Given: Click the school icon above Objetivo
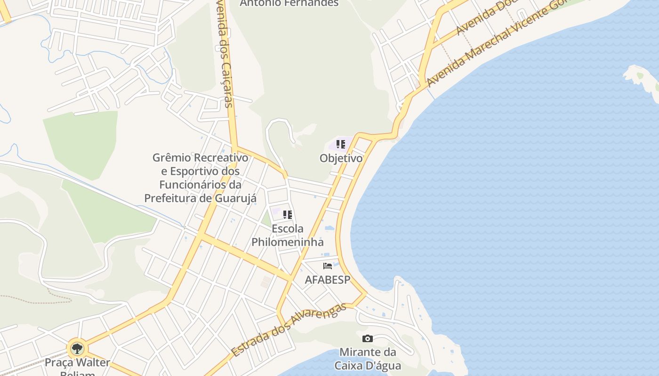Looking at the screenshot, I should (x=341, y=144).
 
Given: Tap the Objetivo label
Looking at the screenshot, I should (x=341, y=158).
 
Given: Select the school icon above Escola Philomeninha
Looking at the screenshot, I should (x=288, y=215).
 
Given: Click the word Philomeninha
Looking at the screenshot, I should (x=288, y=243).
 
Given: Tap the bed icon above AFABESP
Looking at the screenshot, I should (x=328, y=266).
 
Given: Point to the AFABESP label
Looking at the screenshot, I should (x=328, y=280).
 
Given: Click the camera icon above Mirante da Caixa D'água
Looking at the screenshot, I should (x=368, y=338).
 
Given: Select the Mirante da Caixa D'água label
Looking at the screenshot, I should (x=368, y=359).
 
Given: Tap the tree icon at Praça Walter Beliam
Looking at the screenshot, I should (x=77, y=349).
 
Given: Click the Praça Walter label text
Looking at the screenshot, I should (x=77, y=363).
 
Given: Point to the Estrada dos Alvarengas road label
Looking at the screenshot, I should (x=289, y=329).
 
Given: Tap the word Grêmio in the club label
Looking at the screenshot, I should (x=171, y=157).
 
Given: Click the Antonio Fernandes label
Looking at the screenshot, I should (x=289, y=3).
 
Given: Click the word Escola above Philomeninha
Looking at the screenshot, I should (x=288, y=229).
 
